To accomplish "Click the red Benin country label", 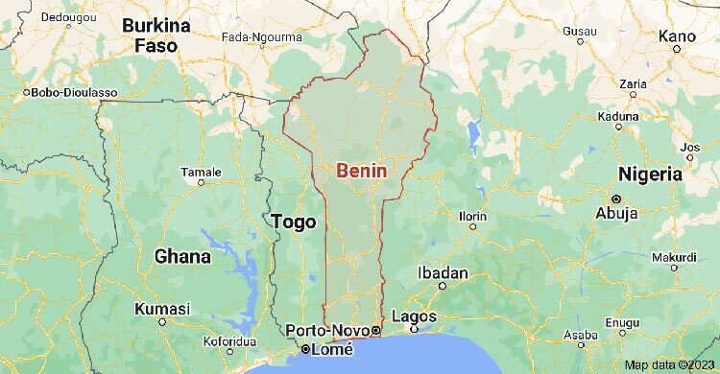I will click(x=362, y=171).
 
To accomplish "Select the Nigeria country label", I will click(x=650, y=175).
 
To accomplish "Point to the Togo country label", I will click(x=294, y=222).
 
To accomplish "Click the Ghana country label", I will click(x=182, y=256).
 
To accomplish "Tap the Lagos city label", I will click(x=415, y=316).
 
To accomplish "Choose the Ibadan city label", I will click(x=443, y=273).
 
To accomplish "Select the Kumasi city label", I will click(x=162, y=309).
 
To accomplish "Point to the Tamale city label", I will click(x=202, y=173).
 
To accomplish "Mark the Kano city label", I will click(x=676, y=35).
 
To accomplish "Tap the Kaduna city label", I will click(x=618, y=115).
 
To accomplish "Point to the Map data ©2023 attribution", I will click(x=670, y=365).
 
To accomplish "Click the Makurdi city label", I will click(x=674, y=257).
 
